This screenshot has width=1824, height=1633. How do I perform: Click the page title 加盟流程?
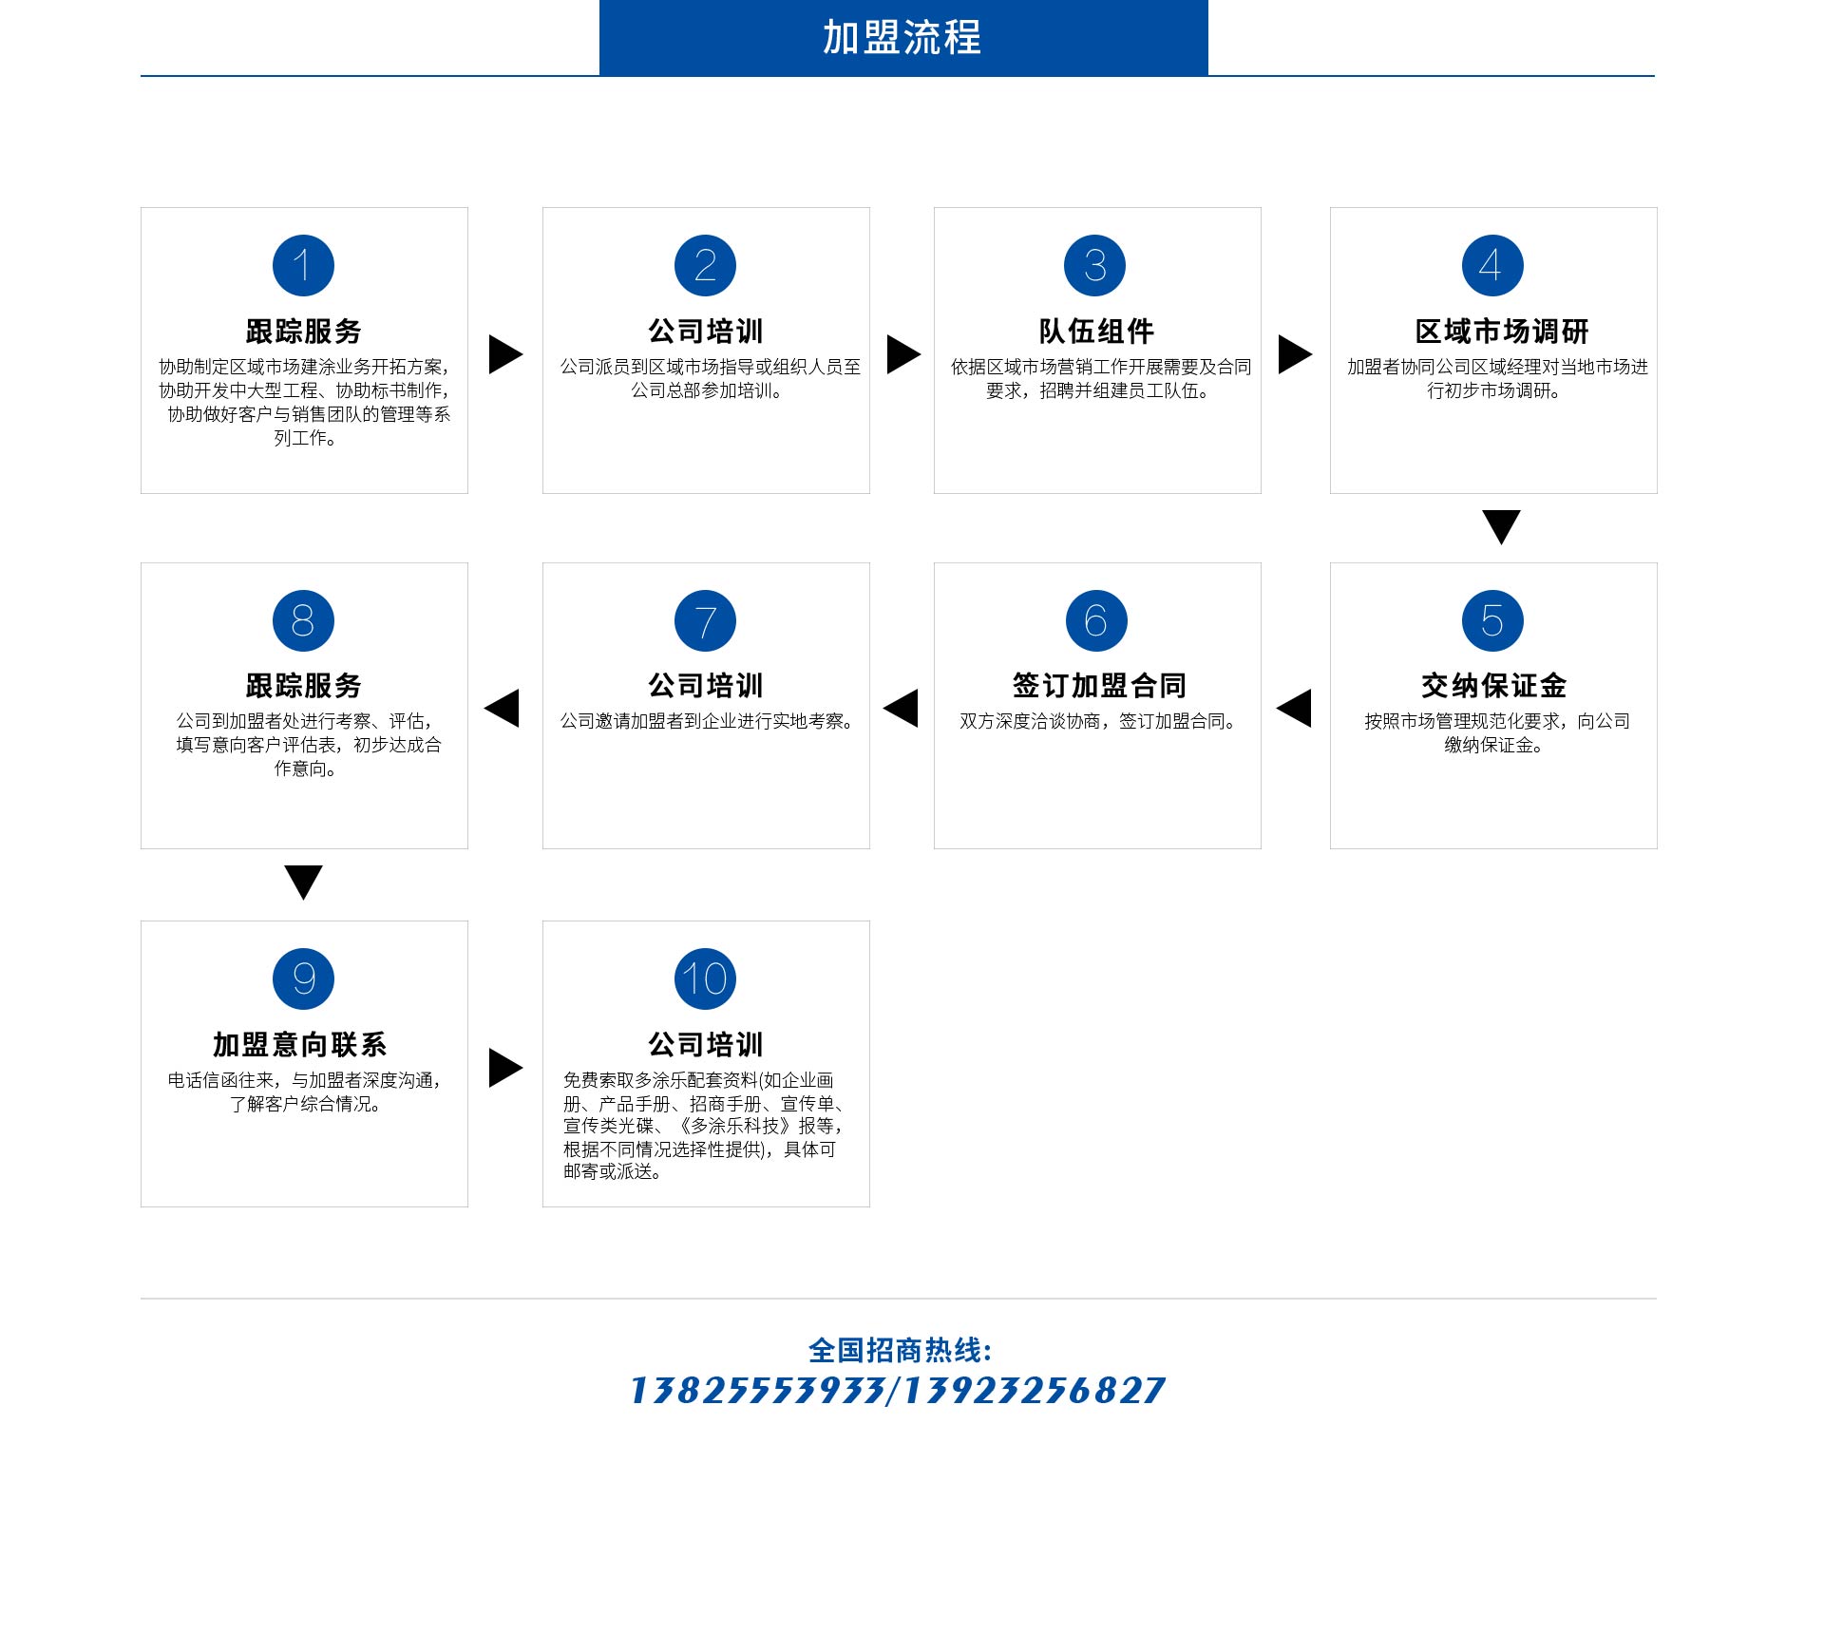pos(902,38)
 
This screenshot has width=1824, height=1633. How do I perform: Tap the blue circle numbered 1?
pos(303,265)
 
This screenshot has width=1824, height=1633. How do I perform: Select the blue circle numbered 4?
pos(1492,265)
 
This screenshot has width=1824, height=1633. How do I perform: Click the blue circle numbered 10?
pos(705,978)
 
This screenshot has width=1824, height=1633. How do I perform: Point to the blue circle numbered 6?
pos(1096,620)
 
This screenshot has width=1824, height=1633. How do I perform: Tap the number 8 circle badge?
pos(303,620)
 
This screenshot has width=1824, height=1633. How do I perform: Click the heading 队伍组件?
pos(1096,332)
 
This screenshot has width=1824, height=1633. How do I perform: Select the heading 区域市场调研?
pos(1502,332)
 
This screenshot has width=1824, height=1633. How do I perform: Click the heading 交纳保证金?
pos(1493,686)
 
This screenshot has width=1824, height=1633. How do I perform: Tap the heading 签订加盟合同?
pos(1099,686)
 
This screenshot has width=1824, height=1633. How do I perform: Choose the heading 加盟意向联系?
pos(300,1045)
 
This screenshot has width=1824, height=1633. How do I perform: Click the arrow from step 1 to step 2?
pos(505,354)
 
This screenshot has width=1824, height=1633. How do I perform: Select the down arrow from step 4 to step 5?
pos(1501,527)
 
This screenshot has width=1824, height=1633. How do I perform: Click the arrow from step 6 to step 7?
pos(901,709)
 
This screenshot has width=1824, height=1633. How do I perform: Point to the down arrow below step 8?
pos(303,883)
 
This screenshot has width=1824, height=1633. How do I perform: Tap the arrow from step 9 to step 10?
pos(505,1068)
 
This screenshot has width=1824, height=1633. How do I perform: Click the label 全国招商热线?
pos(898,1351)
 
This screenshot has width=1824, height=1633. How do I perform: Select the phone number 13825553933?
pos(758,1391)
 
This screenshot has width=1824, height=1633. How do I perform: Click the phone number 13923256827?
pos(1034,1391)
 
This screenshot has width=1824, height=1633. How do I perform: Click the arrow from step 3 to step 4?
pos(1295,354)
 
